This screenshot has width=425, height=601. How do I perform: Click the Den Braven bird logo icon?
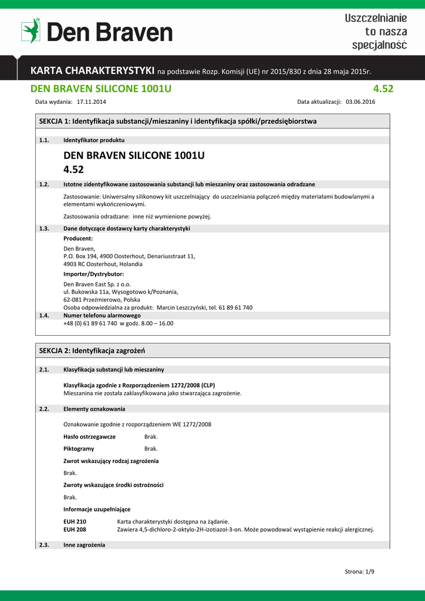[31, 31]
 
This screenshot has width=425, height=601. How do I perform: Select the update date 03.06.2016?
[360, 102]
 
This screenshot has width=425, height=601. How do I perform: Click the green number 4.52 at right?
[383, 89]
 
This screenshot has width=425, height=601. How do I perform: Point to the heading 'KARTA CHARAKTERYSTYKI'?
[92, 71]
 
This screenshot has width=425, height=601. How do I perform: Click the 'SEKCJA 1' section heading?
[177, 121]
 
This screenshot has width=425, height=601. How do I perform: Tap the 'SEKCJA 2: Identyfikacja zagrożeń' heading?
[92, 350]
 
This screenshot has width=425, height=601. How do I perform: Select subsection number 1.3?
[43, 228]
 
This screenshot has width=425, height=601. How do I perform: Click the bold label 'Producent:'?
[78, 238]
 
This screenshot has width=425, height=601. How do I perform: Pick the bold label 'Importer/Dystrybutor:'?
[93, 274]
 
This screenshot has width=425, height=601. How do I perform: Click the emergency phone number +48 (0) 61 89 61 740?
[90, 323]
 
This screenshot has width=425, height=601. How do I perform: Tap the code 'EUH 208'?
[75, 529]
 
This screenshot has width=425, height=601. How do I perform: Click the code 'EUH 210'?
[75, 521]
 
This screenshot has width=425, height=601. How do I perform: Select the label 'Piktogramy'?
[78, 449]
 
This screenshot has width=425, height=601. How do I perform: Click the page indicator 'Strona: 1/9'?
[359, 572]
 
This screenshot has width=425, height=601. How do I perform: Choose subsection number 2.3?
[43, 545]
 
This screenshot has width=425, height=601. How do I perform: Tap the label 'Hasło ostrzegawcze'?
[89, 437]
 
